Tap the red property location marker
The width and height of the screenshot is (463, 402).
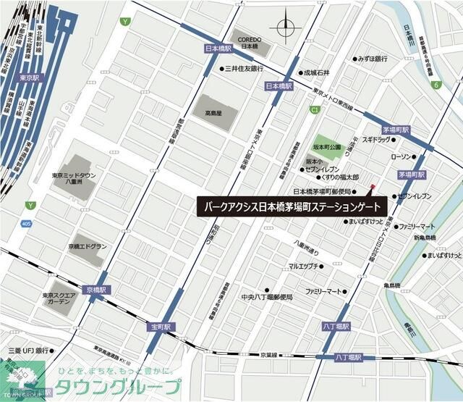tap(373, 188)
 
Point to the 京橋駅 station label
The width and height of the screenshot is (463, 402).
tap(94, 289)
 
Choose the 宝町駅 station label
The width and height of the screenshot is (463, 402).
tap(161, 327)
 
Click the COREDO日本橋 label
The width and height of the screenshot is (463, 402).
tap(249, 41)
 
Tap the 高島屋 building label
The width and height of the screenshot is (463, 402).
tap(212, 113)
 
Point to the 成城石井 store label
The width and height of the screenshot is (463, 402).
tap(316, 72)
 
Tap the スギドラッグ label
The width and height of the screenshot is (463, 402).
tap(376, 139)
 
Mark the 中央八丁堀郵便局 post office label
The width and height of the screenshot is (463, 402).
tap(267, 297)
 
